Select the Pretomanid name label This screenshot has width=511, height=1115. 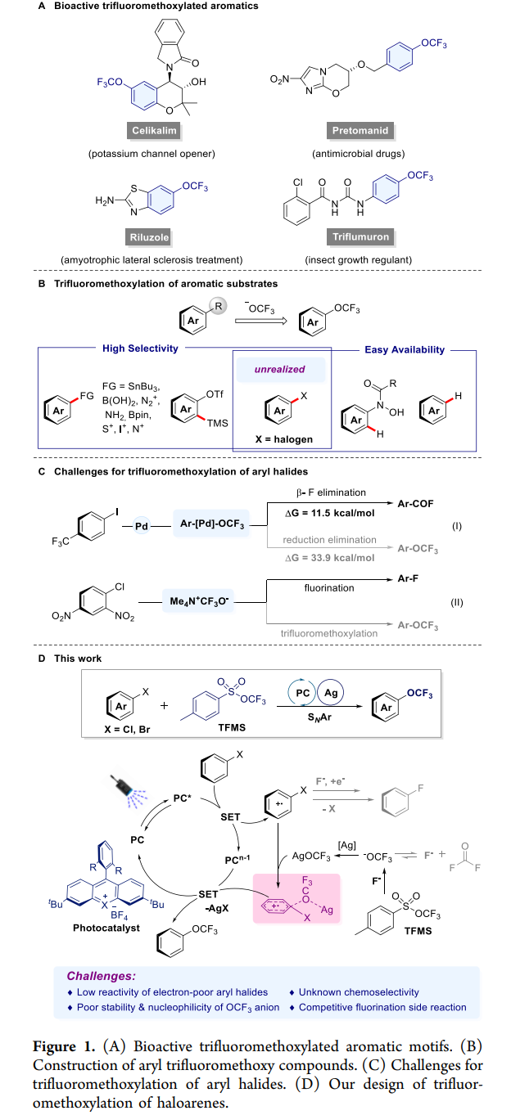pos(360,131)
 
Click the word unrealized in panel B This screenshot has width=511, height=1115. pos(279,369)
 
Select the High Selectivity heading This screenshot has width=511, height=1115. pos(140,348)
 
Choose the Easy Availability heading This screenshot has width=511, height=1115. pos(405,349)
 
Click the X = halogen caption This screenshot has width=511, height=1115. pos(282,439)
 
